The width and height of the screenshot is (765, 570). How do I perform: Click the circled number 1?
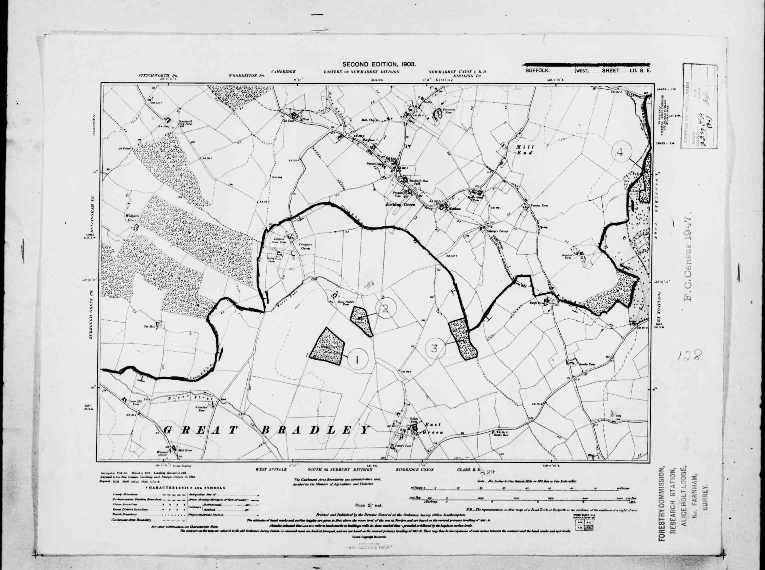click(x=358, y=360)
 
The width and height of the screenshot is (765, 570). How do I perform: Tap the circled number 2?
click(x=386, y=307)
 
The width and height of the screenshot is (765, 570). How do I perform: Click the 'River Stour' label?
click(x=184, y=398)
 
